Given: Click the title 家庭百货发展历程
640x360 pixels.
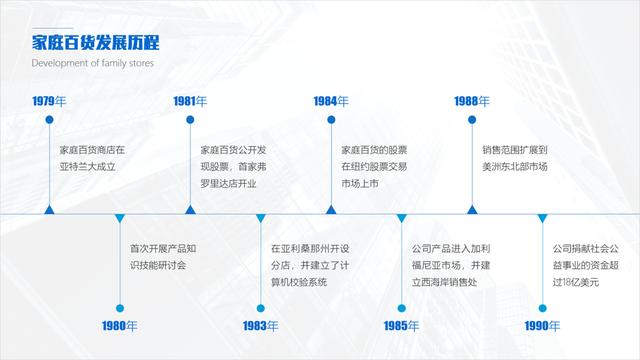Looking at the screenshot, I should coord(96,42).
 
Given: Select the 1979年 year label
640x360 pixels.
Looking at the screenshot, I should coord(49,101).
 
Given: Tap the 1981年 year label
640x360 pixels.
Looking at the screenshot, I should coord(190,101).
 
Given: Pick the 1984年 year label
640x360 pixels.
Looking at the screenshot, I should coord(331,101).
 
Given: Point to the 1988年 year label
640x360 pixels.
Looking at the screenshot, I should coord(472,101).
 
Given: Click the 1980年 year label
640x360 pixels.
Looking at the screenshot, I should coord(119,326).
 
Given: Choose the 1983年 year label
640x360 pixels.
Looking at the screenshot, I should coord(260,326).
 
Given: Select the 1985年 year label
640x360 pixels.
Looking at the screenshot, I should coord(401,326).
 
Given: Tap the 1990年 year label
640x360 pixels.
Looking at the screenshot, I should coord(542,326).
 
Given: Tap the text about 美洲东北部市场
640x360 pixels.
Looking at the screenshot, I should coord(514,158).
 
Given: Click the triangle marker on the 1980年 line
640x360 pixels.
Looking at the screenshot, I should coord(119,218).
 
